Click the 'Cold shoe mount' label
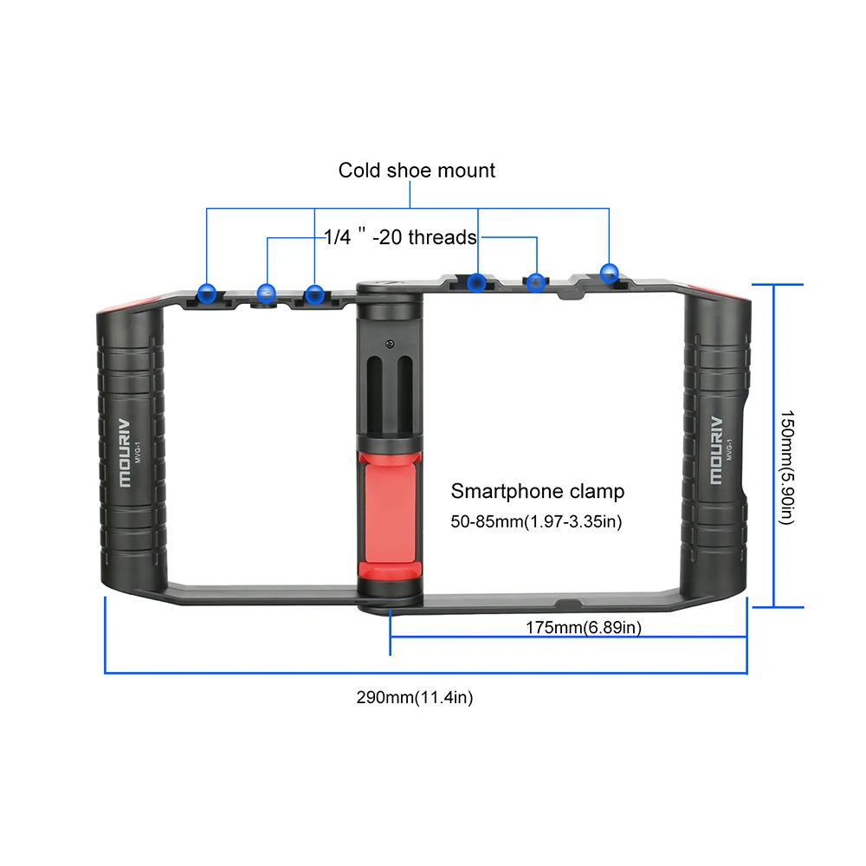pos(417,170)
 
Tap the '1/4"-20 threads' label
pos(400,236)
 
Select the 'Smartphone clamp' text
pos(537,492)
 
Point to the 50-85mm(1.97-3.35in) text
pos(537,522)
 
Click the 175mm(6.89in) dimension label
pos(584,628)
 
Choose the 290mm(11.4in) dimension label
pos(414,697)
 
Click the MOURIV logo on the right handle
pos(715,449)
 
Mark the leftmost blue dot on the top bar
pos(206,292)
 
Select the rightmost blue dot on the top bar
pos(610,272)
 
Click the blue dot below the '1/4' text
pos(267,292)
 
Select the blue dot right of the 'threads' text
pos(537,281)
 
